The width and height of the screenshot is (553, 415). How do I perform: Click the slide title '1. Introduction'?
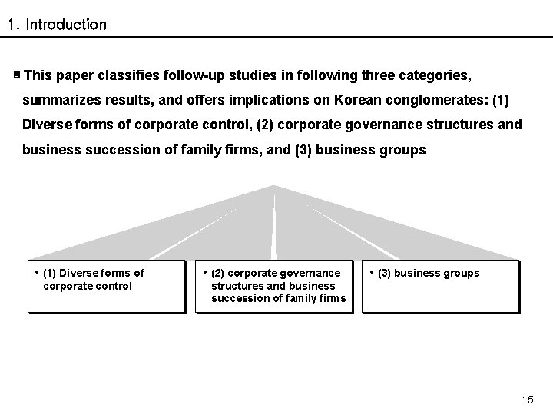[57, 25]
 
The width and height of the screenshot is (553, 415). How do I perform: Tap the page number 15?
[527, 399]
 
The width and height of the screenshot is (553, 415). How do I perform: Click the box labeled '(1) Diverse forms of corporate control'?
[107, 287]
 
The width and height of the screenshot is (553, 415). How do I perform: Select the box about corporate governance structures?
[274, 287]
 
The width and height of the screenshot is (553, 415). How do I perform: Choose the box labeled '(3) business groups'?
[441, 287]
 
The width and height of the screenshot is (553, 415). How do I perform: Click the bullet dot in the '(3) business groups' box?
[372, 271]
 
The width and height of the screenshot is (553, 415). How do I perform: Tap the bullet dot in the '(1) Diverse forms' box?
[37, 271]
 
